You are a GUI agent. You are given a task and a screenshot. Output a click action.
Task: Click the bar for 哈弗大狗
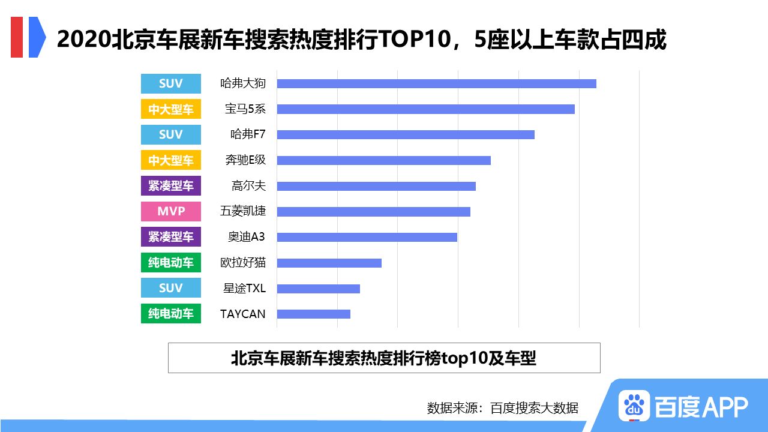tap(436, 83)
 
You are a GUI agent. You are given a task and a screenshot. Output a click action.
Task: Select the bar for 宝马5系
tap(425, 109)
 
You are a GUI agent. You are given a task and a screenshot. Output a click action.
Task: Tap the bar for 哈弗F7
tap(406, 134)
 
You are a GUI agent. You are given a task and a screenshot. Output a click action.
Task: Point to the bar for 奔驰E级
tap(383, 160)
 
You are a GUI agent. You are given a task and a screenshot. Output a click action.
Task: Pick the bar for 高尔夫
tap(376, 186)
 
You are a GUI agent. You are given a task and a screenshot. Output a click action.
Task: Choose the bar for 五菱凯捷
tap(373, 212)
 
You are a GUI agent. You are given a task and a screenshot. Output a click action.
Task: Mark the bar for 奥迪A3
tap(367, 237)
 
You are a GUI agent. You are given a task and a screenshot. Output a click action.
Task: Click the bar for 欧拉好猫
tap(329, 263)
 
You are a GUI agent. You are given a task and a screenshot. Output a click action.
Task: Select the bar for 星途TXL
tap(318, 289)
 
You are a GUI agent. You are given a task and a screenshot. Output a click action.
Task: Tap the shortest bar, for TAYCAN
tap(313, 314)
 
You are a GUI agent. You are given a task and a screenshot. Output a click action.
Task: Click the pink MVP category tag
tap(171, 211)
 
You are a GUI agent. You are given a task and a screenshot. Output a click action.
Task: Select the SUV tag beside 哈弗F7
tap(171, 134)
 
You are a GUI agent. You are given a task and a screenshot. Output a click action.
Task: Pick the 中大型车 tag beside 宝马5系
tap(171, 109)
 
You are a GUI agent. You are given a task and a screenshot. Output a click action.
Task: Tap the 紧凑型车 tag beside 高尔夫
tap(171, 186)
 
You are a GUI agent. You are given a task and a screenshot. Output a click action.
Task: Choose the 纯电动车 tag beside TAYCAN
tap(171, 314)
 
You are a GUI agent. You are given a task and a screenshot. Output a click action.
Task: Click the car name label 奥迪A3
tap(246, 237)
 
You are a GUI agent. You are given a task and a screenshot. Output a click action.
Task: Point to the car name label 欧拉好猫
tap(242, 263)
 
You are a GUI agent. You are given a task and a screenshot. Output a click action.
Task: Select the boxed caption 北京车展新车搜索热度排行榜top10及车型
tap(384, 358)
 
